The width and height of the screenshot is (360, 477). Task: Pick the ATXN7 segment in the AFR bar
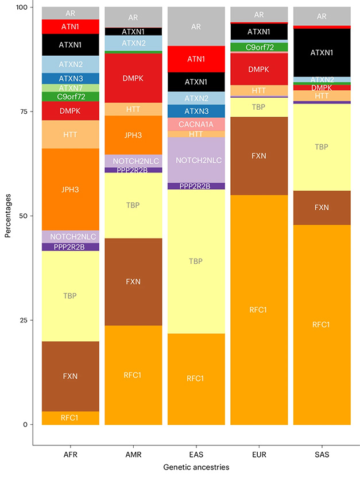coord(70,88)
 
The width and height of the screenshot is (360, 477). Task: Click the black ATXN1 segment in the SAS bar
coord(322,52)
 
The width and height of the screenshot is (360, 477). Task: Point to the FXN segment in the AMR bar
coord(133,282)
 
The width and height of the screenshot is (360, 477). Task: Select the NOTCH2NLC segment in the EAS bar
coord(196,160)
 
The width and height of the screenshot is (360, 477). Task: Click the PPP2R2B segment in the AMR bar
coord(133,170)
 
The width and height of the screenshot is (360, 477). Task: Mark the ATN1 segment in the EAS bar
coord(196,59)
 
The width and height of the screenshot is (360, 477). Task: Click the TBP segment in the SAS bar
coord(322,147)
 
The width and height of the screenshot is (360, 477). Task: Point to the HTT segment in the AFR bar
coord(70,134)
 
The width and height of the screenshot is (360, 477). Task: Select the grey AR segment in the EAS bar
coord(196,26)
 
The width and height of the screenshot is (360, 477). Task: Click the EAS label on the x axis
coord(196,453)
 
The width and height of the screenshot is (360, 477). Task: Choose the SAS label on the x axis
coord(322,453)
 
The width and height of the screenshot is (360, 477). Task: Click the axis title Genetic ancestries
coord(196,468)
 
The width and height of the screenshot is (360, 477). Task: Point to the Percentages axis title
coord(8,216)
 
